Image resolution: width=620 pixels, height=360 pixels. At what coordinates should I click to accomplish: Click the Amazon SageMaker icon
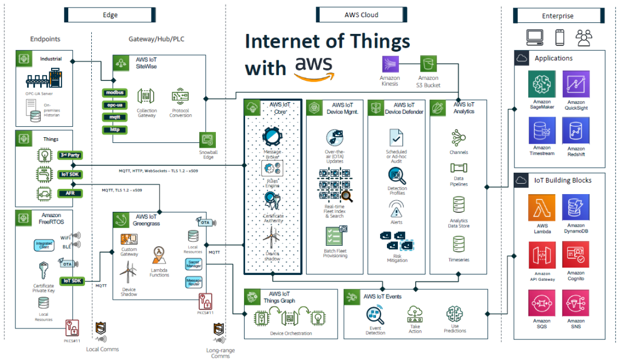coord(541,84)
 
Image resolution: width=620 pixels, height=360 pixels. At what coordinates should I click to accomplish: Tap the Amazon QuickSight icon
coord(576,84)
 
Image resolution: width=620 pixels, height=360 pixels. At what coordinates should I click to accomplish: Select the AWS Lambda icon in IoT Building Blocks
coord(541,208)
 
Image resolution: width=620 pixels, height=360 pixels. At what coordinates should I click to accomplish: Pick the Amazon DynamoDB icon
coord(576,208)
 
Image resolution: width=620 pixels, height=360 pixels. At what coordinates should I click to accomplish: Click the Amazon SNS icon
coord(576,303)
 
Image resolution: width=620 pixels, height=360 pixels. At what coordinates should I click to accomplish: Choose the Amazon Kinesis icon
coord(390,64)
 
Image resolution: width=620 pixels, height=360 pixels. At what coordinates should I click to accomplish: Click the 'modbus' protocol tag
coord(113,92)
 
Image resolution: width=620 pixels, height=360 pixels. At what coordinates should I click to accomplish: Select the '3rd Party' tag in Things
coord(70,155)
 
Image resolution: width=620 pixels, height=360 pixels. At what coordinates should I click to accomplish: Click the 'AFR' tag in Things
coord(70,193)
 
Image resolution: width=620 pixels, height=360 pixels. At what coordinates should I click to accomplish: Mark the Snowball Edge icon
coord(207,140)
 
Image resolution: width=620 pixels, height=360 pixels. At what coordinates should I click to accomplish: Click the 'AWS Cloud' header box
coord(362,15)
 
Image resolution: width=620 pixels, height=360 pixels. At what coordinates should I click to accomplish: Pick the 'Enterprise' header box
coord(557,16)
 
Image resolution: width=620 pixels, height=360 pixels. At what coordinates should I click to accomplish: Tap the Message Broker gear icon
coord(273,137)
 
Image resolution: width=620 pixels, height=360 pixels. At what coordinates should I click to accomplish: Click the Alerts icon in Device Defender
coord(397,207)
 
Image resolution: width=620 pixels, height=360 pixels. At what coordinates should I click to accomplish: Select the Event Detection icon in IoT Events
coord(375,315)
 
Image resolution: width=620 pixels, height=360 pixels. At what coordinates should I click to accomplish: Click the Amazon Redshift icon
coord(576,131)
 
